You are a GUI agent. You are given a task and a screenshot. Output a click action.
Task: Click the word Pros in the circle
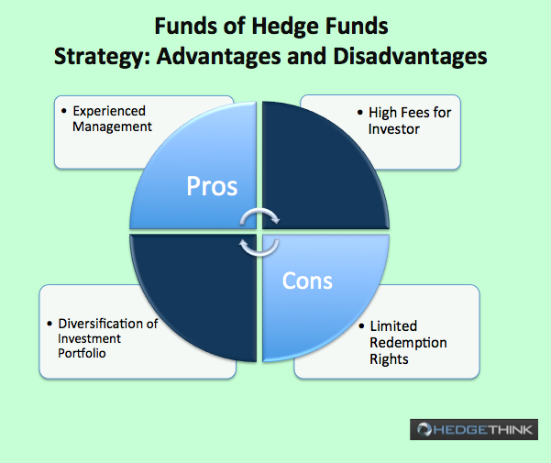[x=212, y=186]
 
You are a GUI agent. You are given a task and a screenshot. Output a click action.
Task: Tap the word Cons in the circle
[x=307, y=281]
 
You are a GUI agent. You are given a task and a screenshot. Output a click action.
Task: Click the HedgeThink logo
[x=474, y=429]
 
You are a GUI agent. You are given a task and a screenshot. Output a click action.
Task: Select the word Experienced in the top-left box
[x=109, y=111]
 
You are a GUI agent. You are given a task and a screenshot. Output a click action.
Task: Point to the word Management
[x=112, y=127]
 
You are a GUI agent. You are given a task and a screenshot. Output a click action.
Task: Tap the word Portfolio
[x=82, y=353]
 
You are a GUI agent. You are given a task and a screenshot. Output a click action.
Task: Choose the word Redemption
[x=408, y=343]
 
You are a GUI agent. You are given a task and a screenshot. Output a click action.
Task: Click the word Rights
[x=389, y=359]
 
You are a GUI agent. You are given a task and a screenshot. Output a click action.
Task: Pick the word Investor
[x=394, y=129]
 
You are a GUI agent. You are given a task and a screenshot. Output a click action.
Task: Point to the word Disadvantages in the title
[x=410, y=56]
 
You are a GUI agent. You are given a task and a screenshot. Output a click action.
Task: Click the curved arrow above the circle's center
[x=259, y=212]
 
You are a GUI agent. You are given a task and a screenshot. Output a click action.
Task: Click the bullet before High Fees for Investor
[x=359, y=113]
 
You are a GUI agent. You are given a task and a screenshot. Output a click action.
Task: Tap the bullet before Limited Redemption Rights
[x=361, y=326]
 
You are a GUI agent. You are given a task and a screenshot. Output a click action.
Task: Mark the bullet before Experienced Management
[x=63, y=111]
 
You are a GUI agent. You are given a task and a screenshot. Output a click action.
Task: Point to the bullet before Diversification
[x=50, y=324]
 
